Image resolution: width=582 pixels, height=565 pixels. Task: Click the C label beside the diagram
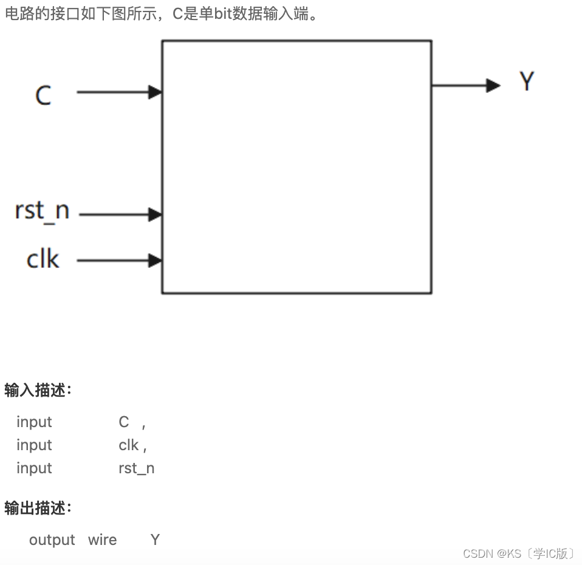coord(43,96)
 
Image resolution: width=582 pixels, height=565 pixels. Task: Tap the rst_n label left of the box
coord(42,211)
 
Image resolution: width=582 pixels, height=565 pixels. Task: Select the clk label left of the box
coord(43,259)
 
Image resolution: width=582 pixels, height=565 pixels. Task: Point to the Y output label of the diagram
coord(527,81)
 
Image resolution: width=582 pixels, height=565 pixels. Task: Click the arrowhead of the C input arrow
coord(156,92)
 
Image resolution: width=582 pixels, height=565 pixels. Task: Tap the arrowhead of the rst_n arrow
coord(156,214)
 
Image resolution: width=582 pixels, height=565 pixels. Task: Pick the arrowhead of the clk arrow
coord(156,261)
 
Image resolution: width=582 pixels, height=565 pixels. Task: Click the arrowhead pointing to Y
coord(493,86)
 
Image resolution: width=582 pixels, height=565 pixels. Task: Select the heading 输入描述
coord(38,391)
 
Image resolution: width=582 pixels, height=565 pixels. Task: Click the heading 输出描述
coord(38,508)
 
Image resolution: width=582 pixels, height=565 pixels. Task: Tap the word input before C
coord(34,422)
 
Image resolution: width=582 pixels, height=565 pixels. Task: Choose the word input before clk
coord(34,445)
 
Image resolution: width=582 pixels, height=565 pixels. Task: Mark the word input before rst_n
coord(34,468)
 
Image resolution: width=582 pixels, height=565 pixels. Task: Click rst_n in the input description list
coord(137,468)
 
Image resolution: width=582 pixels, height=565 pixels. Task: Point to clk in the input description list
coord(129,445)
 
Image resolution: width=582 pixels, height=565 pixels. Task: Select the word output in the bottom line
coord(52,540)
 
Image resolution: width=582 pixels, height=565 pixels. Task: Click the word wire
coord(102,540)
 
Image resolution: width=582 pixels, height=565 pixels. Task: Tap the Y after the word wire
coord(155,540)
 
